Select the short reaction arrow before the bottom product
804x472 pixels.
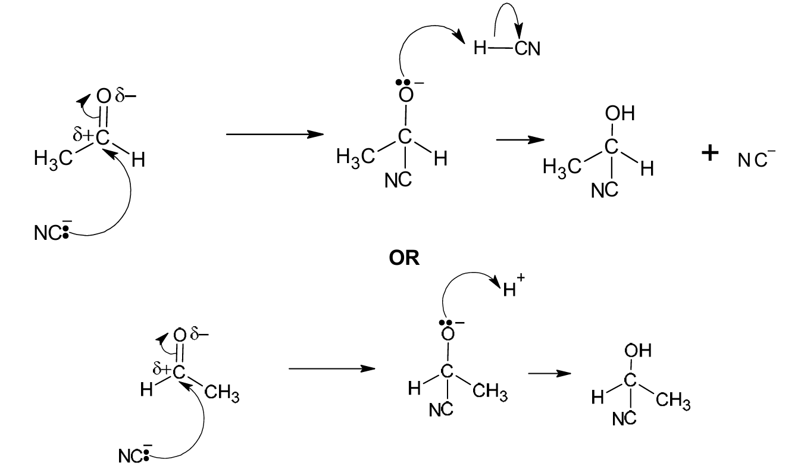549,373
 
